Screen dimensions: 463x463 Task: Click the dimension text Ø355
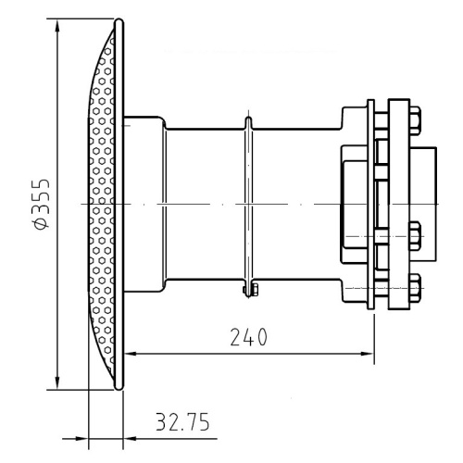click(42, 204)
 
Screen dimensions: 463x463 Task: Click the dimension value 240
click(249, 337)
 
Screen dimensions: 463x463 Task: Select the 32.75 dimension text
click(182, 421)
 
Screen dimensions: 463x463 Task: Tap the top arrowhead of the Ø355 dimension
click(57, 26)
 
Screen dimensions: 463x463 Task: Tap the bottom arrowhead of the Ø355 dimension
click(57, 382)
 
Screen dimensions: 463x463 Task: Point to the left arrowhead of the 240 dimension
click(131, 354)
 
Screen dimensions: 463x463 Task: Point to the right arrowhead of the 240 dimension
click(368, 354)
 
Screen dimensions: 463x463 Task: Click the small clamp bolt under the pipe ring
click(252, 290)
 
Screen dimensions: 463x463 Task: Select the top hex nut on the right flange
click(415, 120)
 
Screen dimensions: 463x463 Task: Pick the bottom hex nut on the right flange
click(415, 288)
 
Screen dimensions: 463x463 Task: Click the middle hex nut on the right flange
click(415, 236)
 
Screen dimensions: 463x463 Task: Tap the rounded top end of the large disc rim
click(119, 21)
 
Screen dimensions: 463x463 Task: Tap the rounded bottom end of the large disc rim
click(119, 387)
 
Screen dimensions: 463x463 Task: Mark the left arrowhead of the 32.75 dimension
click(81, 438)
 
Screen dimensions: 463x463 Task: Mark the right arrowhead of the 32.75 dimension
click(130, 438)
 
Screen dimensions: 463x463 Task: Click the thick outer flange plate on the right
click(399, 204)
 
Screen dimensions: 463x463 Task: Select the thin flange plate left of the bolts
click(370, 204)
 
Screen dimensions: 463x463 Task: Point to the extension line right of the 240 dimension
click(374, 339)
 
